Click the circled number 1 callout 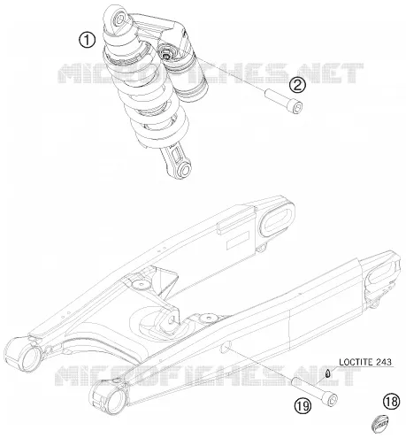pyautogui.click(x=87, y=40)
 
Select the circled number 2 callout pyautogui.click(x=297, y=85)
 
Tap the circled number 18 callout pyautogui.click(x=391, y=401)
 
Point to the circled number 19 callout pyautogui.click(x=303, y=406)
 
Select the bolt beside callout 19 pyautogui.click(x=315, y=391)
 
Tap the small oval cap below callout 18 pyautogui.click(x=379, y=425)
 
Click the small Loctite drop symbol pyautogui.click(x=327, y=373)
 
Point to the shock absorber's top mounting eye pyautogui.click(x=120, y=19)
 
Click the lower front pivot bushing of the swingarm pyautogui.click(x=110, y=396)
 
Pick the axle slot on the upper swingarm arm pyautogui.click(x=277, y=221)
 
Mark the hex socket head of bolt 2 pyautogui.click(x=297, y=107)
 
